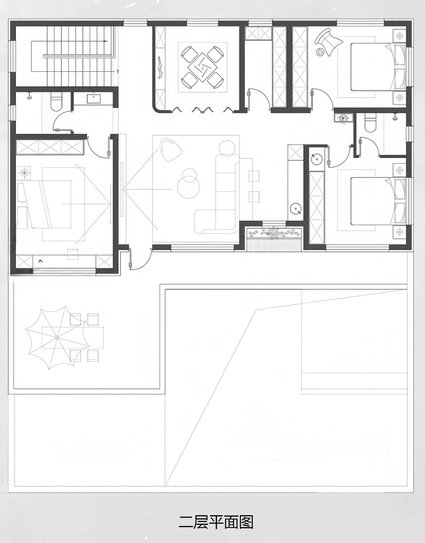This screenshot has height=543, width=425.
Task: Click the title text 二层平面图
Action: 216,522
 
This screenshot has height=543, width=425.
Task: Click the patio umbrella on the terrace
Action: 57,337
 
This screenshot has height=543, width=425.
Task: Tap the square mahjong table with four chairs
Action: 202,67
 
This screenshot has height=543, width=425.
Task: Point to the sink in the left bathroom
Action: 94,99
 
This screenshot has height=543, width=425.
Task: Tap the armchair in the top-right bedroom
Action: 329,41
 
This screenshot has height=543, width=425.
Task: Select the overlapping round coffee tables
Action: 188,183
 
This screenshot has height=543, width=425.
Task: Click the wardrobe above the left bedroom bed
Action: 50,147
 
